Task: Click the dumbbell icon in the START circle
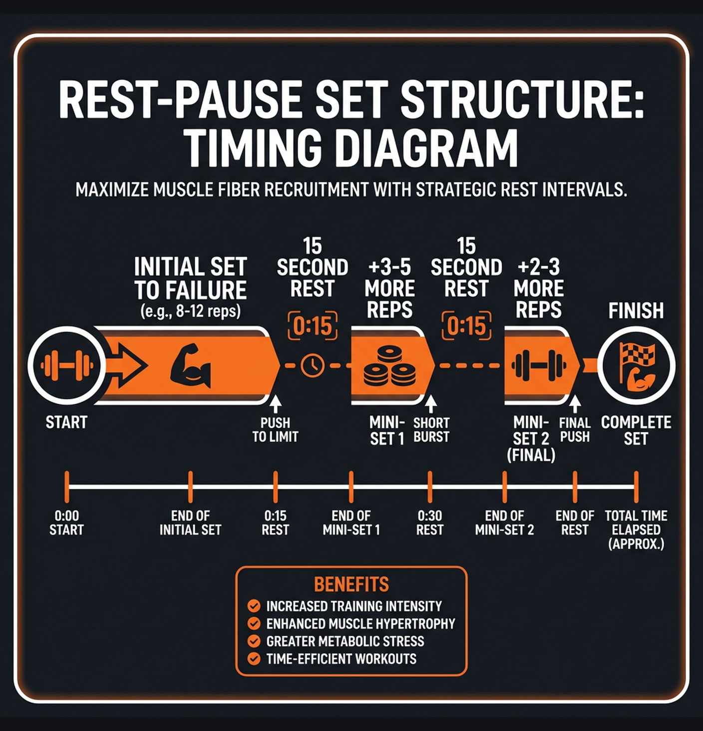point(66,365)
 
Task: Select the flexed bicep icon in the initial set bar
point(190,365)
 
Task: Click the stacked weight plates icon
point(389,367)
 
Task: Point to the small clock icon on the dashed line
point(313,365)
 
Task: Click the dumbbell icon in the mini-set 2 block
point(539,365)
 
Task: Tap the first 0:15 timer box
point(313,326)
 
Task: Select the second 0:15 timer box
point(466,326)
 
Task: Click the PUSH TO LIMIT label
point(275,429)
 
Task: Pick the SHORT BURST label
point(431,429)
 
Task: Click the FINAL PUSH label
point(575,429)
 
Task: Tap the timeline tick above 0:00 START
point(67,487)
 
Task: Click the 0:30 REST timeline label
point(429,523)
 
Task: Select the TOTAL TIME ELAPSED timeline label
point(636,529)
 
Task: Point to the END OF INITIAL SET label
point(190,523)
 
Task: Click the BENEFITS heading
point(351,584)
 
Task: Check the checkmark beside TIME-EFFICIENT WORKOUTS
point(254,659)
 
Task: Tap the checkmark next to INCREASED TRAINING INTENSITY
point(254,606)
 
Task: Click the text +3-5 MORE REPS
point(389,289)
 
